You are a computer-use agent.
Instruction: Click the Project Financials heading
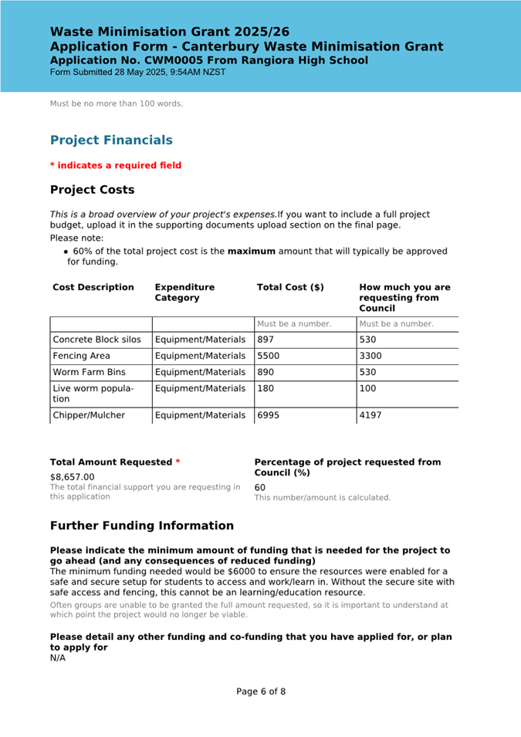tap(111, 140)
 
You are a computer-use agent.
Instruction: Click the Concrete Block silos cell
tap(96, 340)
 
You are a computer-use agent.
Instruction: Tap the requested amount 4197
tap(370, 415)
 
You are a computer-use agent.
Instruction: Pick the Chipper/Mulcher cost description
tap(89, 415)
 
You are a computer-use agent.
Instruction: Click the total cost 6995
tap(268, 415)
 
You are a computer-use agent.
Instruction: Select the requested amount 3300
tap(370, 357)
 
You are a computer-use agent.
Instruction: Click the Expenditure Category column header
tap(184, 292)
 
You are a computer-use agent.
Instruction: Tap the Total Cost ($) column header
tap(290, 288)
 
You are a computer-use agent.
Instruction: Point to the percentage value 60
tap(260, 488)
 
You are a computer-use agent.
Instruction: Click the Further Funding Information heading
tap(142, 526)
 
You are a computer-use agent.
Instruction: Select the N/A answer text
tap(58, 658)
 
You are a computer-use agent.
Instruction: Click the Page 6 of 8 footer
tap(261, 691)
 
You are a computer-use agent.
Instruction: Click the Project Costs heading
tap(92, 190)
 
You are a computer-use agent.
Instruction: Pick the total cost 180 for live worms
tap(266, 389)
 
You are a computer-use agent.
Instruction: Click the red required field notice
tap(116, 165)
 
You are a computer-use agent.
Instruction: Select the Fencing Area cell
tap(81, 357)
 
